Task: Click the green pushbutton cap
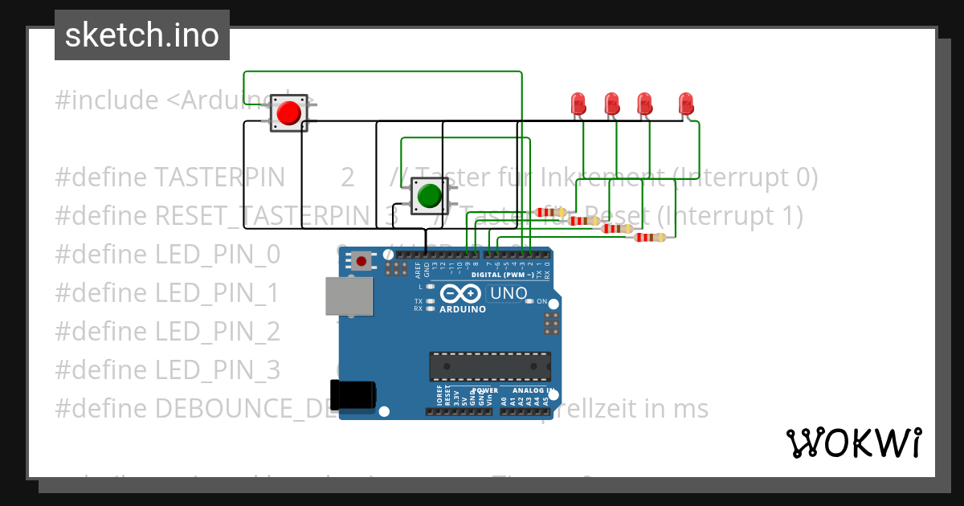[x=429, y=195]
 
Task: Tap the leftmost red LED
[x=578, y=104]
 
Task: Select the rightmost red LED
[x=685, y=104]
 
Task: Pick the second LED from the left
[x=611, y=104]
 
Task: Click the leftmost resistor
[x=549, y=213]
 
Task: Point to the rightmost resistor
[x=649, y=237]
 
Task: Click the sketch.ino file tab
[x=142, y=35]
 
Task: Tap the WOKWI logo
[x=853, y=443]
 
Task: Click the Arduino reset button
[x=361, y=261]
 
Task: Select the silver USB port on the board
[x=349, y=296]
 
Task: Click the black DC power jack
[x=353, y=394]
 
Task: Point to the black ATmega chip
[x=489, y=365]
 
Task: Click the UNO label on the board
[x=508, y=293]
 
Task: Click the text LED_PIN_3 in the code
[x=217, y=370]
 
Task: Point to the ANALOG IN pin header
[x=526, y=410]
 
